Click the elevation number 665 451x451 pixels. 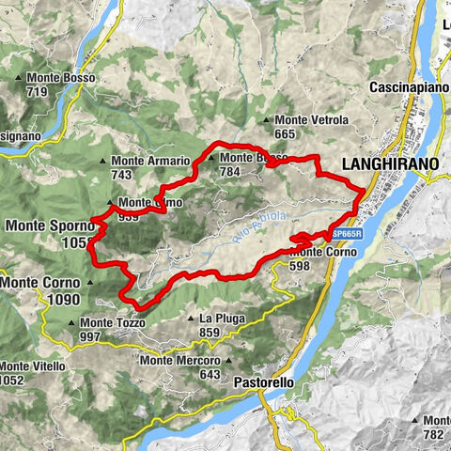pyautogui.click(x=286, y=135)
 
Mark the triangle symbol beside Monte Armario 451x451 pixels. pyautogui.click(x=104, y=162)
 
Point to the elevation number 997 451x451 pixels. pyautogui.click(x=90, y=337)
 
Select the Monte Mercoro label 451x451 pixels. pyautogui.click(x=179, y=360)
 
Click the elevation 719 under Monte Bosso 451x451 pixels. pyautogui.click(x=38, y=91)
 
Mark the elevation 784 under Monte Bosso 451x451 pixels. pyautogui.click(x=229, y=172)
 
